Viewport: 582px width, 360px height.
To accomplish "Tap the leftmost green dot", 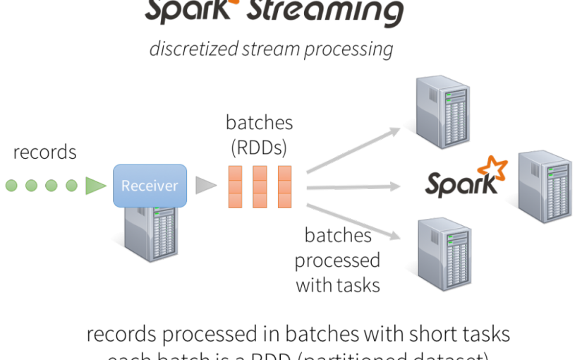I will click(11, 186).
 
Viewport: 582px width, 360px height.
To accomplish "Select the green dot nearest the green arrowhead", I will click(71, 186).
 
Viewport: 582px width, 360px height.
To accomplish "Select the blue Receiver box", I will click(150, 186).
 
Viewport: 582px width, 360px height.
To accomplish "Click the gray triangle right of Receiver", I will click(205, 186).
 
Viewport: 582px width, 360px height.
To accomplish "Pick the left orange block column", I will click(235, 186).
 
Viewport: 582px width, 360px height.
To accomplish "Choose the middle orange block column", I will click(260, 186).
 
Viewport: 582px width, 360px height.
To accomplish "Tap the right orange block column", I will click(284, 186).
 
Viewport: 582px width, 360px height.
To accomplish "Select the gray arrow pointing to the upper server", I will click(353, 150).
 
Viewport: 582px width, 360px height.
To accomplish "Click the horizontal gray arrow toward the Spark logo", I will click(353, 187).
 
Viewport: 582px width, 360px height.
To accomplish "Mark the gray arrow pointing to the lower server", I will click(353, 222).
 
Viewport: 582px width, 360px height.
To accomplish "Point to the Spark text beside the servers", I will click(460, 185).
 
